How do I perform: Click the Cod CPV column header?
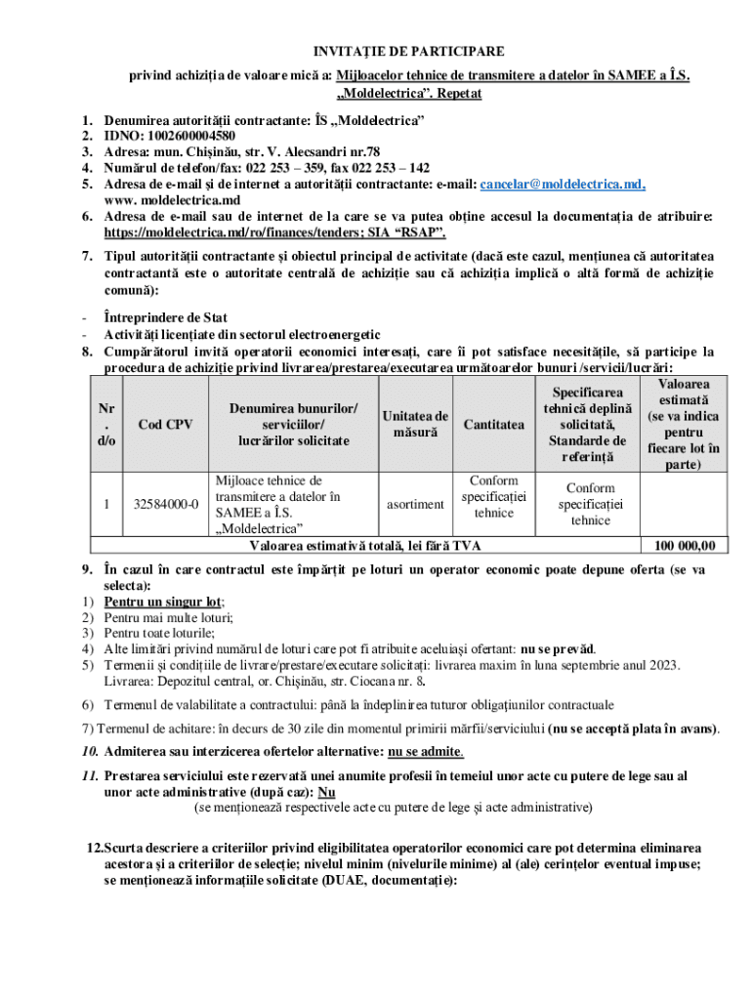click(164, 424)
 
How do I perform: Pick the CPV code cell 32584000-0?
click(164, 504)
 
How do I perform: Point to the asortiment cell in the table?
click(416, 504)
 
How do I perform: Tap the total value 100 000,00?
click(683, 546)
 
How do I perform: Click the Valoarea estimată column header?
click(684, 424)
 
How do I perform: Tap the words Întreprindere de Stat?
click(166, 317)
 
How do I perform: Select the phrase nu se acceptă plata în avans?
click(633, 729)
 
